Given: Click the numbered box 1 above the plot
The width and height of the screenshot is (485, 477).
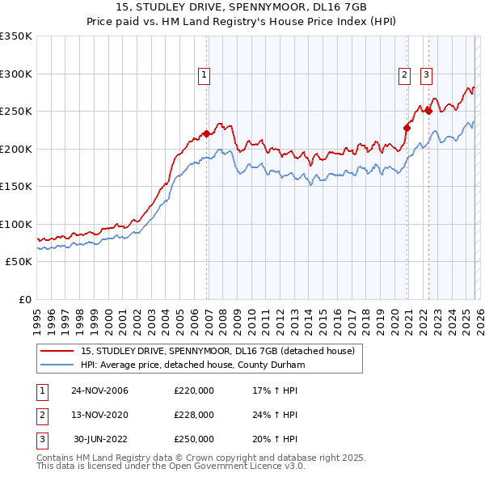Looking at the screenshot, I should tap(204, 75).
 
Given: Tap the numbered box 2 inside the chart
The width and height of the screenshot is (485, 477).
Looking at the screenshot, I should tap(403, 75).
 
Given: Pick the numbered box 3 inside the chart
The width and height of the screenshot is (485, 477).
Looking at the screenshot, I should tap(426, 75).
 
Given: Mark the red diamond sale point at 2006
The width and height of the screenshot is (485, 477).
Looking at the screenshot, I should tap(207, 133).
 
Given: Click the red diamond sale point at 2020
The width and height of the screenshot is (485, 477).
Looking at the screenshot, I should tap(407, 127).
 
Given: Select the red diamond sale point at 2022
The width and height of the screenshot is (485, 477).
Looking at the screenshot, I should tap(428, 111).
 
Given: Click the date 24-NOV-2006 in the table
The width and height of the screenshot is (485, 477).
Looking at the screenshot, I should tap(99, 391).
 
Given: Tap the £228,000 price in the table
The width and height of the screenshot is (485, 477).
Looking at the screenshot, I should tap(194, 415).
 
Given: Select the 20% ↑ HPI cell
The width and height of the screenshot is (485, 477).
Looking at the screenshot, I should tap(276, 438).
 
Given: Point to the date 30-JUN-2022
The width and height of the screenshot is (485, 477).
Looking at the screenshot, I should tap(101, 438).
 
